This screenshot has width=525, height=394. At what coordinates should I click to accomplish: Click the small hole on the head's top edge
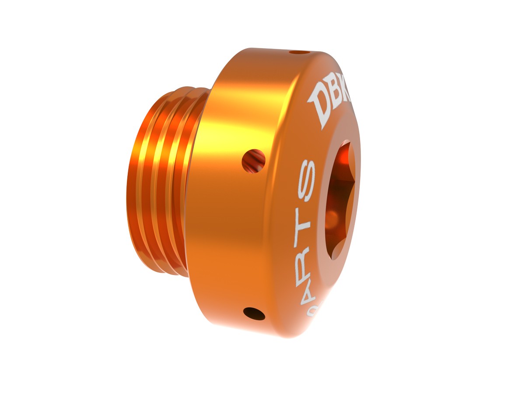pyautogui.click(x=299, y=53)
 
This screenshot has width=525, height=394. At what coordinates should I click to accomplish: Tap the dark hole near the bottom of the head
pyautogui.click(x=254, y=313)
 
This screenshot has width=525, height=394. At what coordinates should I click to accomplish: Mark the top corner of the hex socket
pyautogui.click(x=346, y=141)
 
